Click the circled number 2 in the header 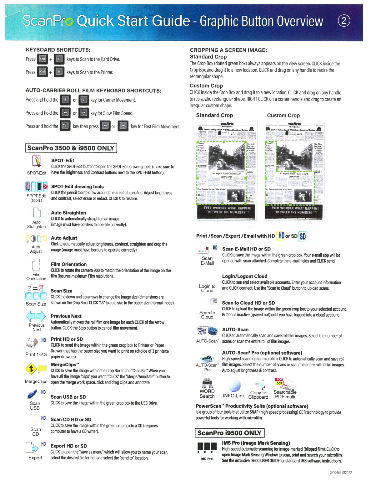[344, 21]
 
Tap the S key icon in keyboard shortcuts [59, 59]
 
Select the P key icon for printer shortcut [59, 72]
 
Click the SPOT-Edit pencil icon [37, 162]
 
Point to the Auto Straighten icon [37, 213]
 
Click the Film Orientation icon [36, 265]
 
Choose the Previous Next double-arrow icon [36, 316]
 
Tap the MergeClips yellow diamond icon [32, 369]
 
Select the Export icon [32, 447]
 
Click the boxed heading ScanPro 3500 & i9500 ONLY [71, 148]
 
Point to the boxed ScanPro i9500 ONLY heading [229, 433]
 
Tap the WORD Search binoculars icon [207, 383]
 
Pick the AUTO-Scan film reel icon [208, 331]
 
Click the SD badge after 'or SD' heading [303, 236]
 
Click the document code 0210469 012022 [340, 473]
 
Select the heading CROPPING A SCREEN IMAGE [228, 50]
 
